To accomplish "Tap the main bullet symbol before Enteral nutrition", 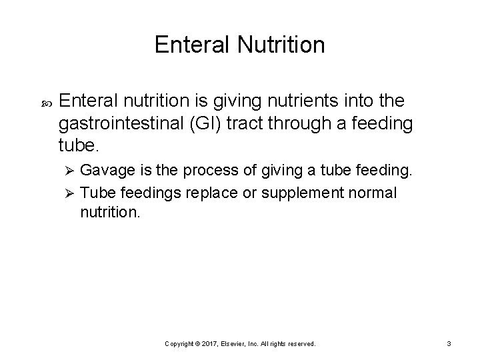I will pos(37,102).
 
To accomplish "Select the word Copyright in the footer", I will pos(181,344).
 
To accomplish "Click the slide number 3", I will pos(449,344).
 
